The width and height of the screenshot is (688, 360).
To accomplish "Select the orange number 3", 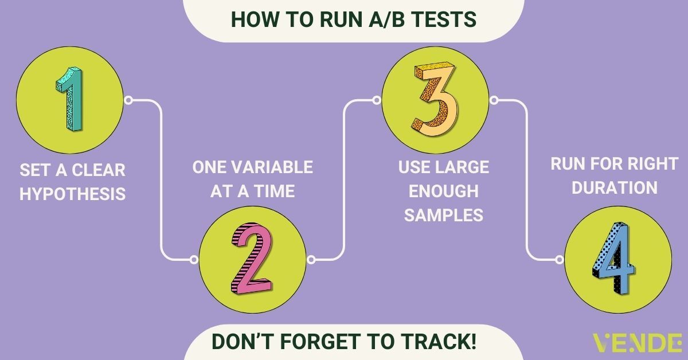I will [x=435, y=100].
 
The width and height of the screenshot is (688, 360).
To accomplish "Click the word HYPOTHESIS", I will [x=73, y=193].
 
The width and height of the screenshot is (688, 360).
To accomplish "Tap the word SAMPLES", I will [x=443, y=214].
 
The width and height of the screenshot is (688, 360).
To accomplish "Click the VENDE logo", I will [x=637, y=342].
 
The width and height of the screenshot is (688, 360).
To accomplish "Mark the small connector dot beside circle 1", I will [x=129, y=101].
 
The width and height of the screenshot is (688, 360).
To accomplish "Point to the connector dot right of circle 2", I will [x=311, y=259].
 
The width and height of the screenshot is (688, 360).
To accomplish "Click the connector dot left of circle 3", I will [x=376, y=101].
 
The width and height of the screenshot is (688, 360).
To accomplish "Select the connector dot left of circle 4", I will [x=560, y=259].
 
